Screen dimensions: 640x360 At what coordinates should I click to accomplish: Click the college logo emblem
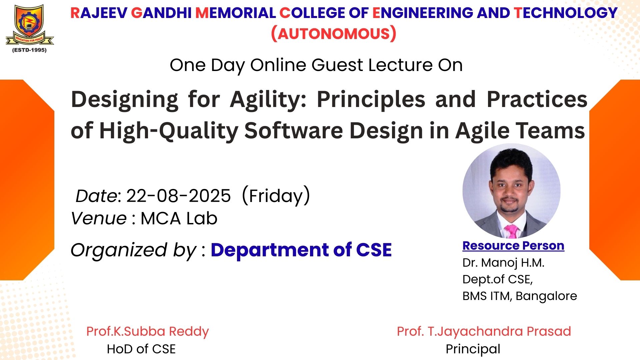coord(30,25)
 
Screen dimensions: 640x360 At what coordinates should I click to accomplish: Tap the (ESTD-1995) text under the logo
coord(29,50)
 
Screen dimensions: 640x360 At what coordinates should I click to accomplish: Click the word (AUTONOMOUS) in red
coord(334,34)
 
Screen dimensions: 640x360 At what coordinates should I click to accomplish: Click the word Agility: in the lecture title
coord(268,100)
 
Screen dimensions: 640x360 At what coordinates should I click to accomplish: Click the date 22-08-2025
coord(178,196)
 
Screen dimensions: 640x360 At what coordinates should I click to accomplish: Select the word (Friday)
coord(276,196)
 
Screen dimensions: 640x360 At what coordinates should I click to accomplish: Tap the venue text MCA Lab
coord(179,219)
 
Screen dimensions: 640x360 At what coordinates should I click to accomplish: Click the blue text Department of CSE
coord(301,250)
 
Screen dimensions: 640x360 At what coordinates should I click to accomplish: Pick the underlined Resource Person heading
coord(513,246)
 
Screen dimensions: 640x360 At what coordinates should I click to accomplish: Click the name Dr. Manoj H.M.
coord(503,263)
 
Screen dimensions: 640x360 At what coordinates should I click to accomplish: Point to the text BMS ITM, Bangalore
coord(520,296)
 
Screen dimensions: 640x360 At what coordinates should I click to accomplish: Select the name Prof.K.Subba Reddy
coord(148,331)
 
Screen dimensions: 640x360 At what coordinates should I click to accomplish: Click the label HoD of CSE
coord(141,349)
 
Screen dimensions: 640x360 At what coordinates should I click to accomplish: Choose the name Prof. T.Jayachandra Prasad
coord(484,331)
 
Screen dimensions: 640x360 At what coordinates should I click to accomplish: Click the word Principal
coord(473,349)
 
